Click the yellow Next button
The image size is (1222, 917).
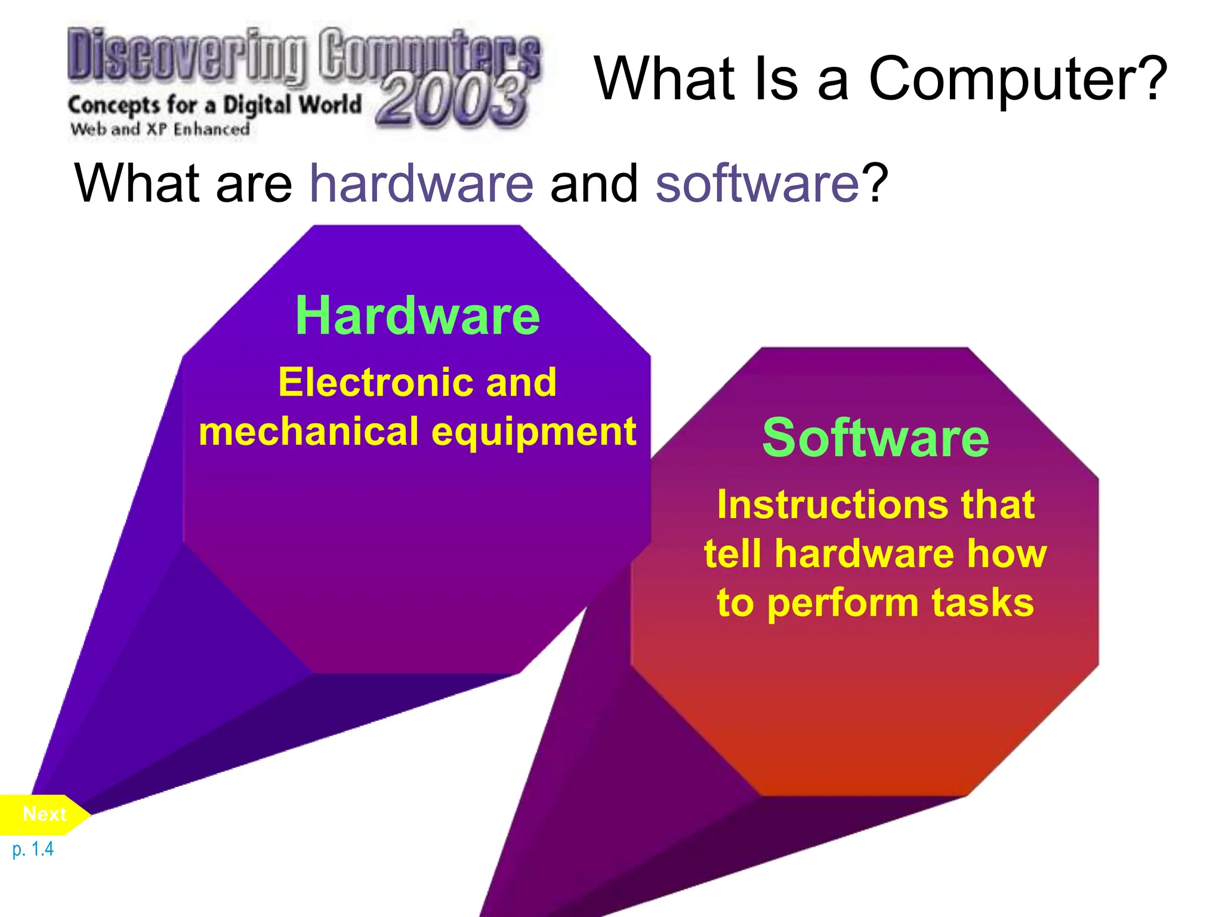pos(44,814)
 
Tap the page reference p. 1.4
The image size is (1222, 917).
pos(33,849)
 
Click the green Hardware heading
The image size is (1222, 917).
pos(418,316)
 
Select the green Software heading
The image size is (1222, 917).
pos(875,438)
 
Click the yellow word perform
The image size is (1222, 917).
pos(841,603)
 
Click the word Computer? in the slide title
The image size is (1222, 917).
pos(1017,79)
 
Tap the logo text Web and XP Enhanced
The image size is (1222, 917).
pos(160,129)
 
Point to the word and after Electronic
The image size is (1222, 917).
pos(521,382)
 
